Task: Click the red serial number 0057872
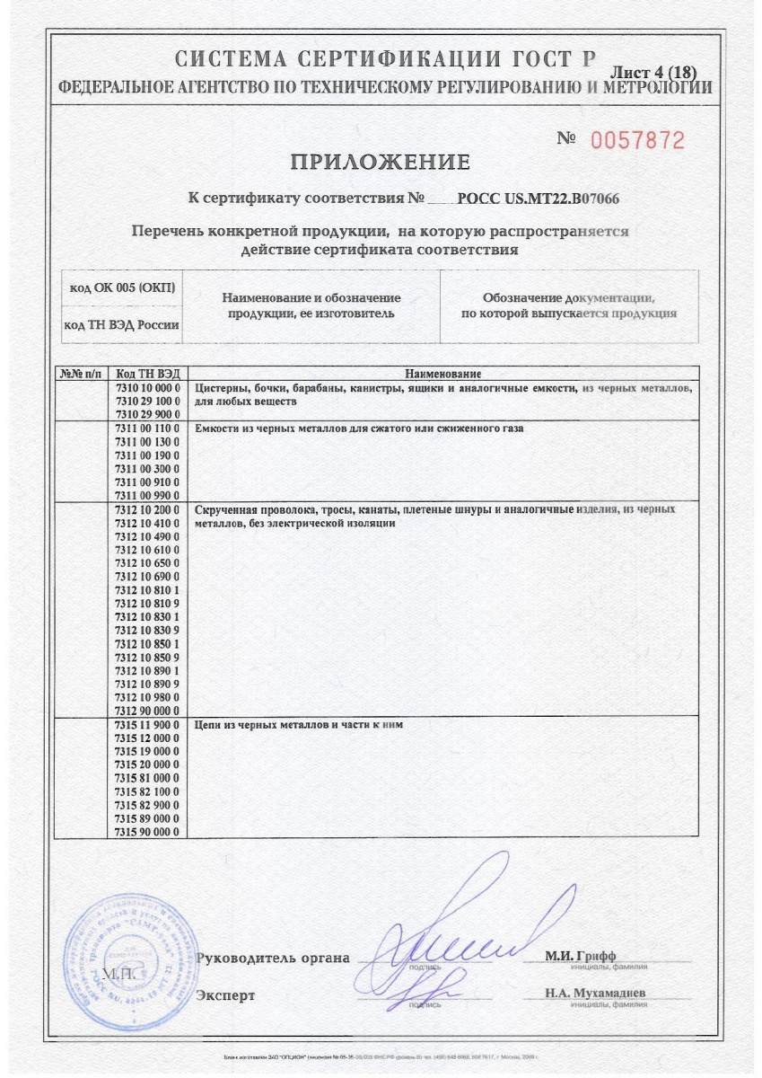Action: pos(636,140)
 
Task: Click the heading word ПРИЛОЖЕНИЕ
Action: pos(380,163)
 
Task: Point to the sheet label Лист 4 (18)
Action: pos(653,72)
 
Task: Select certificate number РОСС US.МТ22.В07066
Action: pos(540,199)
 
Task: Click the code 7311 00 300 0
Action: pos(148,469)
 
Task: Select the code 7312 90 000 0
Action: pos(148,710)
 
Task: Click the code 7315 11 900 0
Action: pos(148,724)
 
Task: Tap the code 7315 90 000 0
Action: pos(148,832)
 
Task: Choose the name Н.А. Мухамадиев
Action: pos(593,994)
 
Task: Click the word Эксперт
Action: pos(225,996)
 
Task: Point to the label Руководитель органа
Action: pos(273,959)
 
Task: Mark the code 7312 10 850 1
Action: pos(148,644)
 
